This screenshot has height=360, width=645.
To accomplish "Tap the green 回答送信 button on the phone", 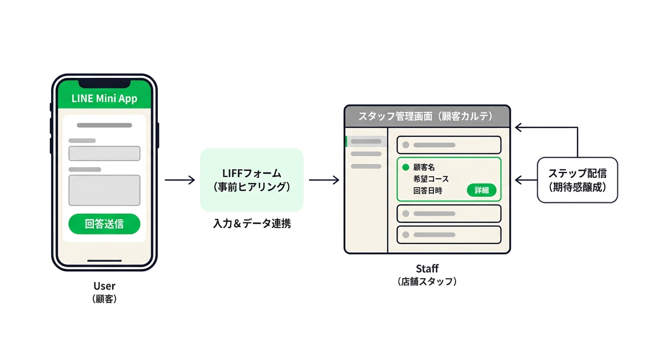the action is tap(104, 224).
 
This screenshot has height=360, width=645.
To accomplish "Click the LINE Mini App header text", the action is tap(104, 98).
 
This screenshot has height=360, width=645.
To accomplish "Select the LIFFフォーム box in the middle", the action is tap(252, 180).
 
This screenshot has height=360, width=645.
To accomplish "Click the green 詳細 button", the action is tap(481, 190).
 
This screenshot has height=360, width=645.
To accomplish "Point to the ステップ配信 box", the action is tap(577, 180).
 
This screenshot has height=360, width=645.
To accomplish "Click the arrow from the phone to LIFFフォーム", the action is tap(180, 180).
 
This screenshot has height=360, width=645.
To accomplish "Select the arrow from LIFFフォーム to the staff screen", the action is tap(324, 180).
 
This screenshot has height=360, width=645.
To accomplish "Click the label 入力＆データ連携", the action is tap(252, 224).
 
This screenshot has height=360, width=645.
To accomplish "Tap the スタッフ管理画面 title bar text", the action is tap(427, 116).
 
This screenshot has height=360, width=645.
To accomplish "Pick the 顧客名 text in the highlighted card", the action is tap(424, 167).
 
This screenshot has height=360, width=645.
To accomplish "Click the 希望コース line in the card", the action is tap(431, 179).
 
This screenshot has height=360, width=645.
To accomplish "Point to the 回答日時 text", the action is tap(427, 190).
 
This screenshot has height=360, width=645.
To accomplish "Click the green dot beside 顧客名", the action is tap(406, 167).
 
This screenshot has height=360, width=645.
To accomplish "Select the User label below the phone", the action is tap(104, 286).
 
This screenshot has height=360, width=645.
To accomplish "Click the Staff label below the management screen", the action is tap(427, 269).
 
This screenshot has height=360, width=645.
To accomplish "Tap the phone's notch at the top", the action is tap(104, 84).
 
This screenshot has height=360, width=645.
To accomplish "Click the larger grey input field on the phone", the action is tap(104, 190).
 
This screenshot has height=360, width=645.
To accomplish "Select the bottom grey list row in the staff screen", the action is tap(449, 235).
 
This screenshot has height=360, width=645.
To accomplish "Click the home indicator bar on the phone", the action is tap(104, 261).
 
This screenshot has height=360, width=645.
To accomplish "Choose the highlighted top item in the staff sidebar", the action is tap(366, 142).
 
